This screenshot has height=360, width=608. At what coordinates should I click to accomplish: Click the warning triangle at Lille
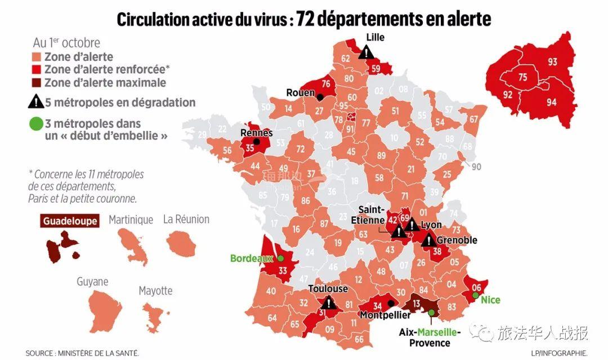367,52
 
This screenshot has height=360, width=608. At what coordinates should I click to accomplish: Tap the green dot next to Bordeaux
280,259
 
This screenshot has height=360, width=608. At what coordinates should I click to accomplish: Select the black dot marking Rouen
320,97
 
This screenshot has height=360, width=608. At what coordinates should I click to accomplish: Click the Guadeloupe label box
70,221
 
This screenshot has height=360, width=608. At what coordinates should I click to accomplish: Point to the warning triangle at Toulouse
330,303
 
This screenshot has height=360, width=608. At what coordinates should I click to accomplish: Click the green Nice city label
490,300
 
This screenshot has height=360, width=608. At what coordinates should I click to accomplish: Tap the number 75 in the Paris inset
522,78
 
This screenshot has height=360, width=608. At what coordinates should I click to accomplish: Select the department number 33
283,271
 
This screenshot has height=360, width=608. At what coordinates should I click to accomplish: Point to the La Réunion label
186,219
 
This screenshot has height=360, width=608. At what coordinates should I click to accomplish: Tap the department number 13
417,305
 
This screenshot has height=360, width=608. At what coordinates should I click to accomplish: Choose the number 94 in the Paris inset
551,101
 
